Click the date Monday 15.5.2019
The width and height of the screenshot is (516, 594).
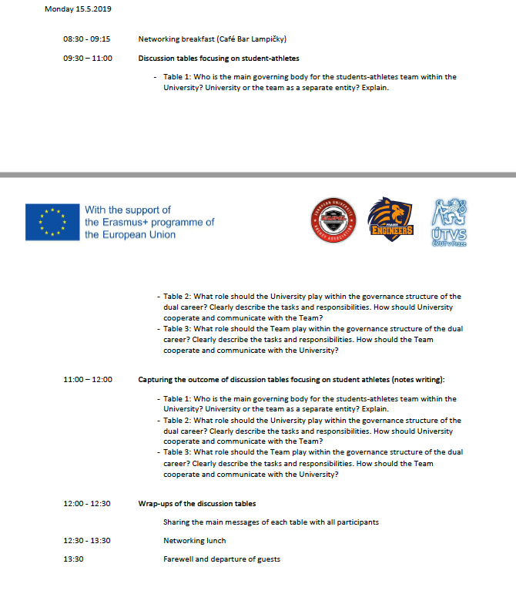[x=79, y=9]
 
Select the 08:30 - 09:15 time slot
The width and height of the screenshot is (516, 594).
[x=86, y=39]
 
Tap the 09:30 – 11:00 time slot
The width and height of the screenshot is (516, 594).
[x=87, y=58]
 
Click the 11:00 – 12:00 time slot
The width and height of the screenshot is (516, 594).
[x=87, y=380]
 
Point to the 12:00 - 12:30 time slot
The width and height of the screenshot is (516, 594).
[x=86, y=504]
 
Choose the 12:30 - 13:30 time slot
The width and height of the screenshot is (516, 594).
[x=86, y=541]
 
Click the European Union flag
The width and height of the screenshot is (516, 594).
[x=52, y=222]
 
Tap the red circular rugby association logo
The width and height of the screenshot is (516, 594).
[x=333, y=222]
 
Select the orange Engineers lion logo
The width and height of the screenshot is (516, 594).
[x=390, y=221]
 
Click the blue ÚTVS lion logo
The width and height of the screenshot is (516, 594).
[x=450, y=222]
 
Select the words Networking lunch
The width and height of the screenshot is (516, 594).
[x=194, y=541]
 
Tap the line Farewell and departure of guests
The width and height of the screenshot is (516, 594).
[x=222, y=559]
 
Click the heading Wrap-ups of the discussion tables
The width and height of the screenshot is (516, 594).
[x=197, y=504]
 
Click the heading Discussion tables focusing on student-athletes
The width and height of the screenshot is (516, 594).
[x=219, y=58]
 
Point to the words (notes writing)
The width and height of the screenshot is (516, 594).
[x=417, y=380]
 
